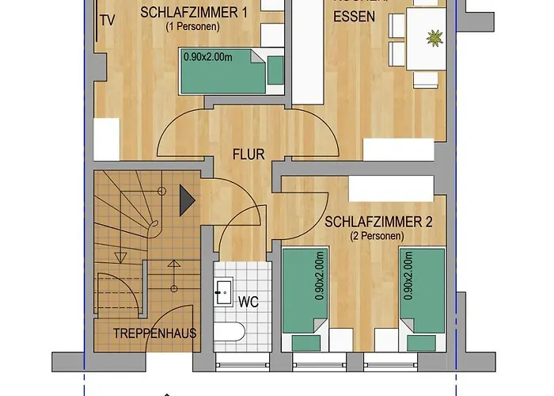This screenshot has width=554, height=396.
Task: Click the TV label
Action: coord(108,22)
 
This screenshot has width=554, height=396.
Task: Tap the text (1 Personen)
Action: coord(192,26)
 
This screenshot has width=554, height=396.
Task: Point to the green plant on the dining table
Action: coord(434,37)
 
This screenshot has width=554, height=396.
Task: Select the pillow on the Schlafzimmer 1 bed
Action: coord(275,70)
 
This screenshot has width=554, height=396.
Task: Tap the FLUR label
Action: coord(249,154)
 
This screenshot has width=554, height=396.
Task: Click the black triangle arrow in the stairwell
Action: coord(187,199)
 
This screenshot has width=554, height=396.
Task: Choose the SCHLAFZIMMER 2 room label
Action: coord(378,223)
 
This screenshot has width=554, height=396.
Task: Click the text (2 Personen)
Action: coord(377,236)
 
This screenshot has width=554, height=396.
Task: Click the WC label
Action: coord(249,301)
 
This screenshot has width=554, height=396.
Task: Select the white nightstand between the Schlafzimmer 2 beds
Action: coord(362,339)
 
